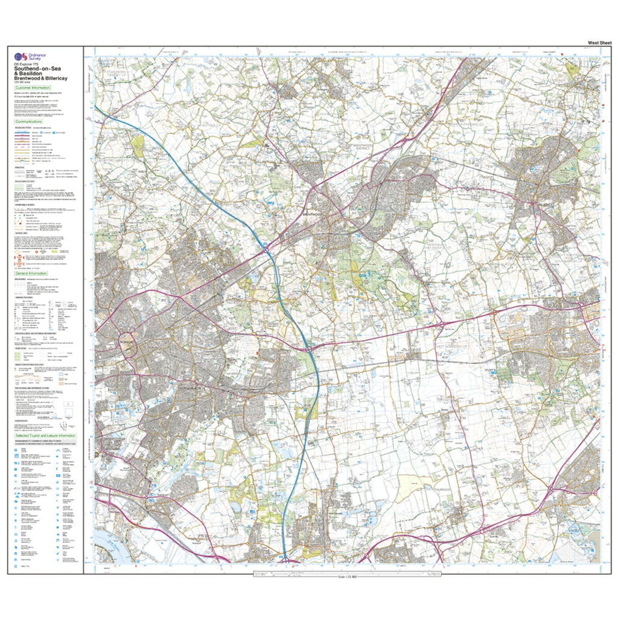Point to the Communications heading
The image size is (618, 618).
pyautogui.click(x=31, y=121)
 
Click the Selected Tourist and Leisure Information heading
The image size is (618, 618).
pyautogui.click(x=45, y=435)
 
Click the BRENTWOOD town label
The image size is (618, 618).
pyautogui.click(x=314, y=214)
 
